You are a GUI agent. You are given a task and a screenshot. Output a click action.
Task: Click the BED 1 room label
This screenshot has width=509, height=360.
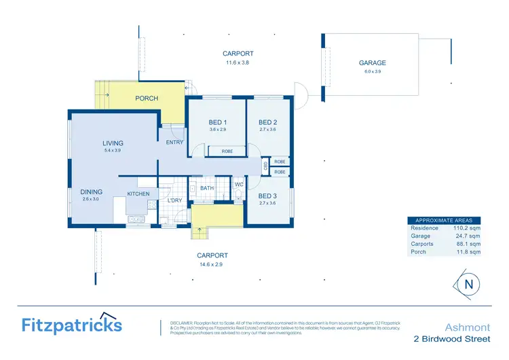point(217,122)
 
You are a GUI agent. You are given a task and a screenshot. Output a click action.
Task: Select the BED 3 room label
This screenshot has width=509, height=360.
point(267,195)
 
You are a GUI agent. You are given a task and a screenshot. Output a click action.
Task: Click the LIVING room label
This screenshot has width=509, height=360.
point(113,143)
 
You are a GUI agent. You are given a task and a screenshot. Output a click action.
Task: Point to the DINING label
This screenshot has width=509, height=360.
point(91,192)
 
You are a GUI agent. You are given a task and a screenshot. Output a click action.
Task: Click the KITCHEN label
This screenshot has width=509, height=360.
point(138,194)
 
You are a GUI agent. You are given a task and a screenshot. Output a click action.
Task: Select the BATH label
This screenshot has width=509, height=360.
point(207,188)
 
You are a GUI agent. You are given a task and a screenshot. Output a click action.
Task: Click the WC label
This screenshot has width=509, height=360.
point(239,184)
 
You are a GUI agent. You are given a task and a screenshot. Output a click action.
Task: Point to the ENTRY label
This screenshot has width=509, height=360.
point(174,142)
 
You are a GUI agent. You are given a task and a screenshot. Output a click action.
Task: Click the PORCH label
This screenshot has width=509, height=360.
point(147,98)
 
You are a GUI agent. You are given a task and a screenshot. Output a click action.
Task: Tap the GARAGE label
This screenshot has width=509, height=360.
point(373,63)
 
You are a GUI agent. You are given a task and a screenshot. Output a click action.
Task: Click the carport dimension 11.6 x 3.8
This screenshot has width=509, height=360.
point(238,63)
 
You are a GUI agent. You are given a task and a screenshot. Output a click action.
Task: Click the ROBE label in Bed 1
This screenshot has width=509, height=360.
point(227,151)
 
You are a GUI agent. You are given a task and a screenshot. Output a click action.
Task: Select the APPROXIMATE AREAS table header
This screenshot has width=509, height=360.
point(443,221)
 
